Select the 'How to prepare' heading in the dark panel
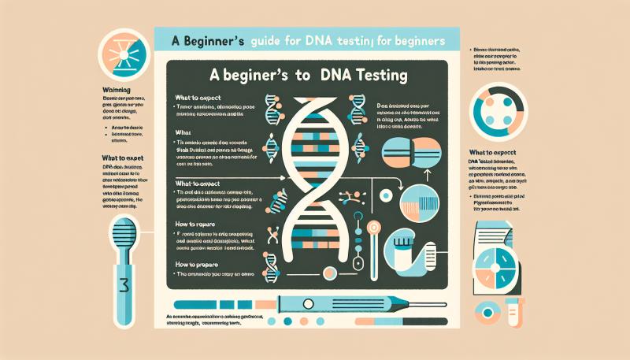click(x=198, y=265)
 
